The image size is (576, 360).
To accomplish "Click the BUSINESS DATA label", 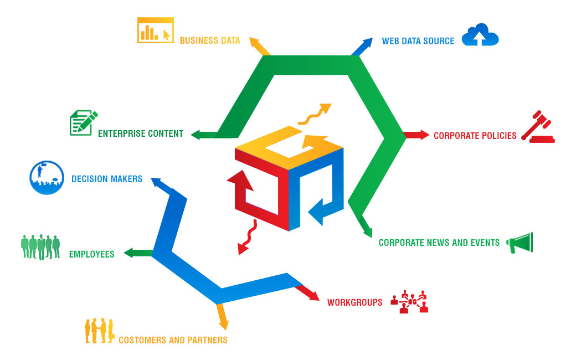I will pyautogui.click(x=210, y=40).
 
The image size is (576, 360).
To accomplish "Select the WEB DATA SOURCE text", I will pyautogui.click(x=418, y=41).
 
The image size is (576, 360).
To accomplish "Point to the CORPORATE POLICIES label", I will pyautogui.click(x=475, y=136).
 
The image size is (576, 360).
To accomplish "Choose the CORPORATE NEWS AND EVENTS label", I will pyautogui.click(x=439, y=243).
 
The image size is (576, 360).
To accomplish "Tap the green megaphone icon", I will pyautogui.click(x=521, y=243).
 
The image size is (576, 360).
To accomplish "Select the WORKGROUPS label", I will pyautogui.click(x=354, y=302).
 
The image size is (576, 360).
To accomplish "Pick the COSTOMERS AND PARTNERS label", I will pyautogui.click(x=173, y=340).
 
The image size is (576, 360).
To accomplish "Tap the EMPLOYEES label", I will pyautogui.click(x=91, y=254).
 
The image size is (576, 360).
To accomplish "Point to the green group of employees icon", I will pyautogui.click(x=40, y=246).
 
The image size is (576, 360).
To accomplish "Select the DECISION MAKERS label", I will pyautogui.click(x=106, y=179).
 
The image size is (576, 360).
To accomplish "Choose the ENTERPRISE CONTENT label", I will pyautogui.click(x=140, y=133).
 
